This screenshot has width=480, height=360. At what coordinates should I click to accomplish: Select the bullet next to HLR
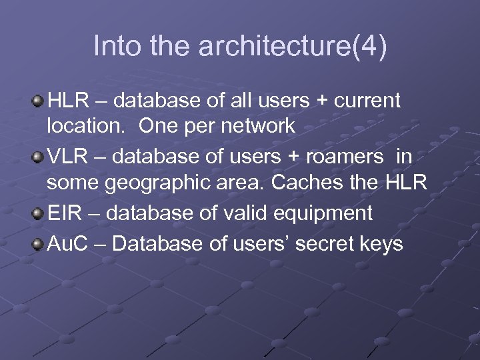(x=38, y=101)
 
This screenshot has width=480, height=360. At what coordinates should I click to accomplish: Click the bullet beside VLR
(x=38, y=157)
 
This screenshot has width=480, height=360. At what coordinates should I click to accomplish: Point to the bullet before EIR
(x=38, y=213)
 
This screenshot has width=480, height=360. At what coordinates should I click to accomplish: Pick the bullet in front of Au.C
(x=38, y=244)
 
